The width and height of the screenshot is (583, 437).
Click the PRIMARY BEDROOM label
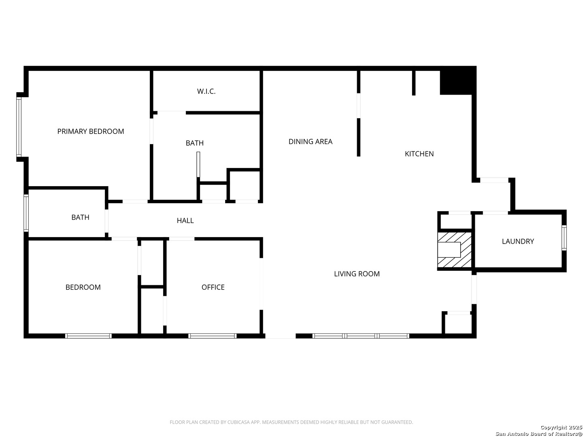click(90, 131)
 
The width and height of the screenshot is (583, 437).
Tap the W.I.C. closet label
click(206, 91)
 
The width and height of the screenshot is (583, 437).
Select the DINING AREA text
click(310, 141)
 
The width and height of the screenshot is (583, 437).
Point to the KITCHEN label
click(419, 154)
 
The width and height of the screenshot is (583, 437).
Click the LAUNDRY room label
click(517, 241)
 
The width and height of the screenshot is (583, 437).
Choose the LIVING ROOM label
click(357, 274)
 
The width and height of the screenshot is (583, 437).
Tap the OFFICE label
click(213, 287)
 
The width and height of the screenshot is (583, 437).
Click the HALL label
click(185, 221)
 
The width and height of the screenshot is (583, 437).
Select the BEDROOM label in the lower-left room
click(83, 287)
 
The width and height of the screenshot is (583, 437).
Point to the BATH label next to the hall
click(80, 217)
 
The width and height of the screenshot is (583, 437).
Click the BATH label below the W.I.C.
click(194, 143)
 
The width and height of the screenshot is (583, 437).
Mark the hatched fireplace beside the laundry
click(455, 250)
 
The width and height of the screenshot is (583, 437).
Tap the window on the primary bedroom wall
click(19, 127)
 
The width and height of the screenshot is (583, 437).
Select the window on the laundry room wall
click(564, 238)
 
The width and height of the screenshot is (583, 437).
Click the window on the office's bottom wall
click(213, 336)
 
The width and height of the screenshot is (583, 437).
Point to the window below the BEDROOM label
click(88, 336)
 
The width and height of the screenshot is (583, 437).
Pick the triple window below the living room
click(361, 336)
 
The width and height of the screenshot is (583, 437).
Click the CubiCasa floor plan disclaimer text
click(291, 422)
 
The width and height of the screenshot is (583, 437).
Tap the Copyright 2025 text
click(561, 427)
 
